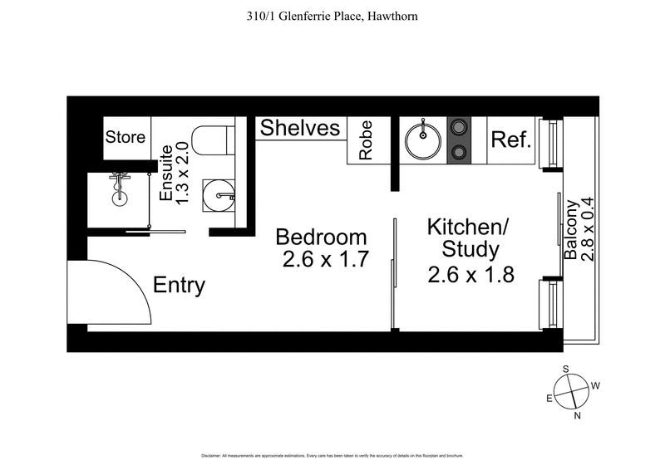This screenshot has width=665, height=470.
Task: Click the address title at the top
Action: [332, 15]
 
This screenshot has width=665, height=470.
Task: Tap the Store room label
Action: [125, 138]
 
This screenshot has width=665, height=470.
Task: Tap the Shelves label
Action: [300, 129]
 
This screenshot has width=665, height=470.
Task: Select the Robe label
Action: [366, 141]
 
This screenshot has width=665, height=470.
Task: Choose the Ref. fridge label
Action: [510, 139]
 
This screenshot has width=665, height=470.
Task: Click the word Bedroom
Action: [321, 237]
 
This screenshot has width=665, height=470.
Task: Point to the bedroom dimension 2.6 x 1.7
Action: [326, 260]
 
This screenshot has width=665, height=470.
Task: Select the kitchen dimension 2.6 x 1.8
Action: [470, 274]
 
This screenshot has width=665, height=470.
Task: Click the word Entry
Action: [179, 286]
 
